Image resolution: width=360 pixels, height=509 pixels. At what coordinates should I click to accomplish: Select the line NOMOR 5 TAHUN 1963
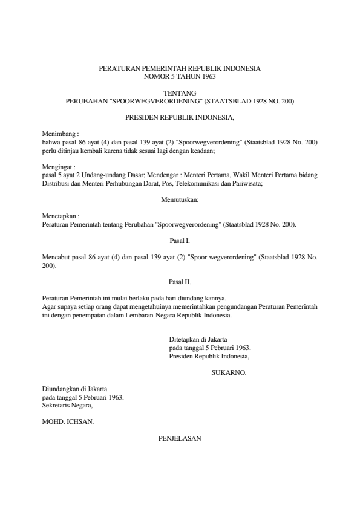click(180, 76)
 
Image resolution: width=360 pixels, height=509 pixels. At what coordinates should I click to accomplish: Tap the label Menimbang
click(60, 132)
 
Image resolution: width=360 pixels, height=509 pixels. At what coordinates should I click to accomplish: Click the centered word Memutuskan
click(180, 198)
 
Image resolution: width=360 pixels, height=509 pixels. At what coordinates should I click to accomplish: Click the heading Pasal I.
click(180, 241)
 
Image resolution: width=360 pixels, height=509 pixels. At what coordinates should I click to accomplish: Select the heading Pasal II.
click(180, 281)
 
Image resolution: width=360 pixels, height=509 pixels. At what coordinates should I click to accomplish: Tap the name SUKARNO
click(229, 374)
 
